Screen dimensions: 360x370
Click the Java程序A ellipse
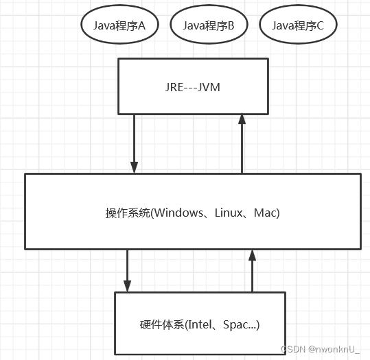click(120, 25)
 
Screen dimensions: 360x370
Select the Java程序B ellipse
click(209, 25)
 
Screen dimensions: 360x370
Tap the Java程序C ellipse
click(298, 25)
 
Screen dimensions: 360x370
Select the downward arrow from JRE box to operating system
click(135, 143)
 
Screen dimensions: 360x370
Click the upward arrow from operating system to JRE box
click(242, 143)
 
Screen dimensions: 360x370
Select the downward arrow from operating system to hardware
click(128, 270)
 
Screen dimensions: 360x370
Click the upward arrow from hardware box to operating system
click(252, 270)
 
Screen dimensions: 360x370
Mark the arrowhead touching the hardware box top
click(128, 286)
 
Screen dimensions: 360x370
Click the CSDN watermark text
click(292, 348)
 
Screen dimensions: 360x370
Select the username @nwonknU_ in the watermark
click(334, 348)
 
